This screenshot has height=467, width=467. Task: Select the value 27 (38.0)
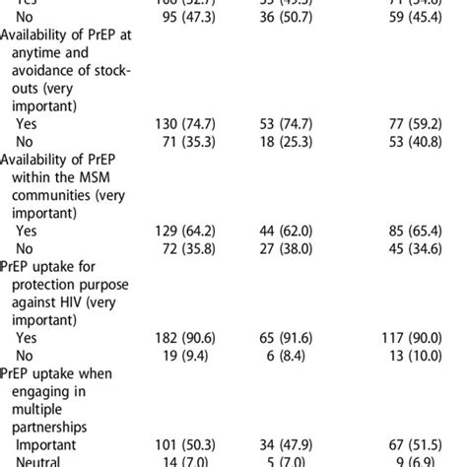pyautogui.click(x=285, y=252)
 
